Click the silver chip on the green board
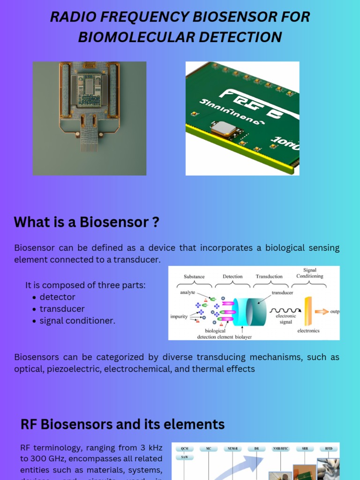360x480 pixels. pos(223,128)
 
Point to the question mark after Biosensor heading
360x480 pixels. pos(156,222)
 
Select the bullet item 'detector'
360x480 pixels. pos(57,297)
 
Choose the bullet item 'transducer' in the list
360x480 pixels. pos(62,309)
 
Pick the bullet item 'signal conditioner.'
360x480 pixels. pos(77,321)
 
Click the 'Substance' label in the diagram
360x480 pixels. pos(194,277)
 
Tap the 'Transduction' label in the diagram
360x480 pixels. pos(269,277)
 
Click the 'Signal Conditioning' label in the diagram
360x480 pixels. pos(310,273)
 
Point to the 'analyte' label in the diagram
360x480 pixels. pos(187,292)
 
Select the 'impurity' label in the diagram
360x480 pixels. pos(179,316)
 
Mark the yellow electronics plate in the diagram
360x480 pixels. pos(308,311)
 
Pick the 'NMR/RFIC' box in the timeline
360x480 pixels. pos(280,449)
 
